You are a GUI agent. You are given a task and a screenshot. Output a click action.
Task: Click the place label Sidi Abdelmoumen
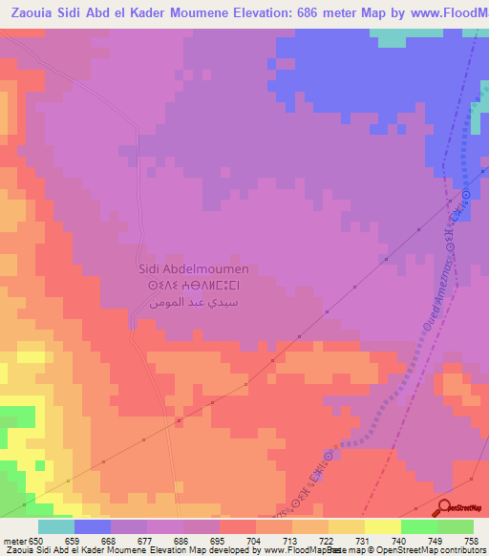pos(194,269)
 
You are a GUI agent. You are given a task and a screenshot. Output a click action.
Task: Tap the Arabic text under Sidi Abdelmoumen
pos(194,301)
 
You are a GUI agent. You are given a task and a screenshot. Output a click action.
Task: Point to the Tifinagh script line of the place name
pos(194,285)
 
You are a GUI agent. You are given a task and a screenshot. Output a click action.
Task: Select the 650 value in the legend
pos(39,542)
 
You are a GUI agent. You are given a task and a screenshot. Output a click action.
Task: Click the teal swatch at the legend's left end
pos(56,526)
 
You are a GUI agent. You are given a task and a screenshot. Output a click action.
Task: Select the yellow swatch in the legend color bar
pos(382,526)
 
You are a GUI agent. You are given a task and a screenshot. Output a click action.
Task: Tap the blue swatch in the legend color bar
pos(93,526)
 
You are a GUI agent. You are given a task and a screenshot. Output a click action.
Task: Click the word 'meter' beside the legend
pos(16,542)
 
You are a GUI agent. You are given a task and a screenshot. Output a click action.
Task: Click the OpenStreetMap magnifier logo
pos(443,507)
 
